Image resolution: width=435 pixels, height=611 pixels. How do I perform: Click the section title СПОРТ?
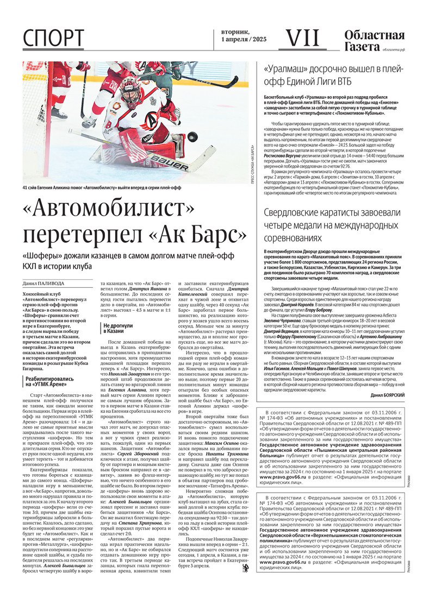(54, 38)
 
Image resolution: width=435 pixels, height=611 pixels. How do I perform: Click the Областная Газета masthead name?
(374, 41)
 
